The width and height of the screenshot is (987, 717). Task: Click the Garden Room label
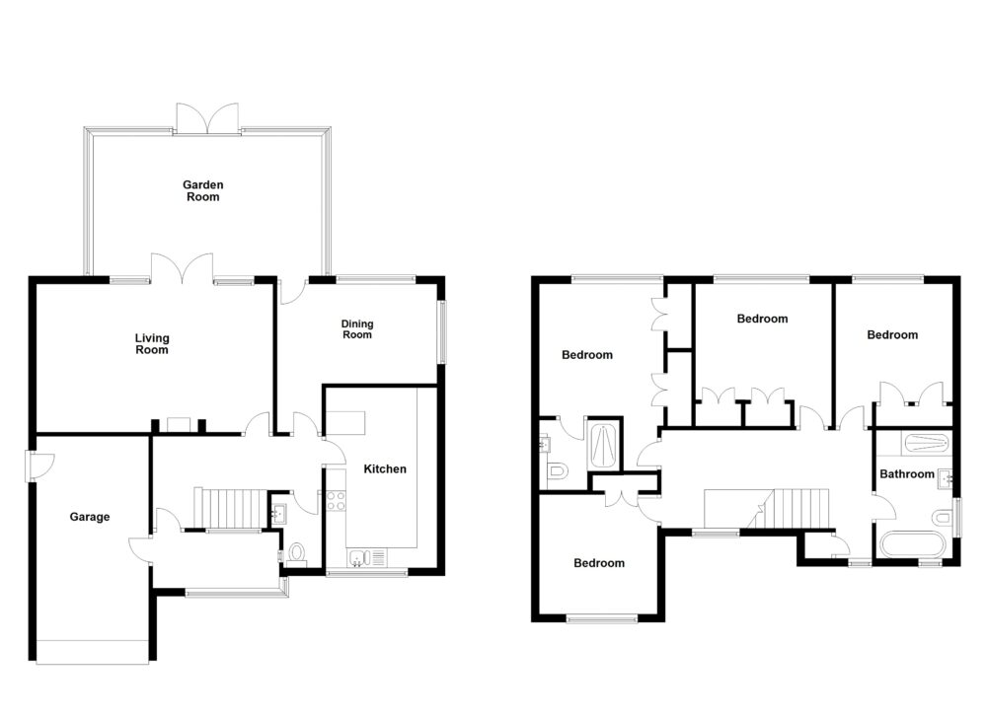202,190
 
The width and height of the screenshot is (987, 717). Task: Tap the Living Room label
152,343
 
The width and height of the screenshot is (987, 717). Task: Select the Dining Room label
356,328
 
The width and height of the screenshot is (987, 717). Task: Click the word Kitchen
385,468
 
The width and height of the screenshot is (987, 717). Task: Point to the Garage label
90,517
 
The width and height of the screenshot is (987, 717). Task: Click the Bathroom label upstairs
906,474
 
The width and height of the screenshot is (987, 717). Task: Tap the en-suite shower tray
603,446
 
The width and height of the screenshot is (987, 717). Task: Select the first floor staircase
800,509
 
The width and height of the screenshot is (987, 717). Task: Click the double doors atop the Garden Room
206,117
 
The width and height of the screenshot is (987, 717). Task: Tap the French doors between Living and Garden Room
182,270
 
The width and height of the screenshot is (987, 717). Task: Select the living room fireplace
179,425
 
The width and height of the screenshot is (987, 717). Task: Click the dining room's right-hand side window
441,330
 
